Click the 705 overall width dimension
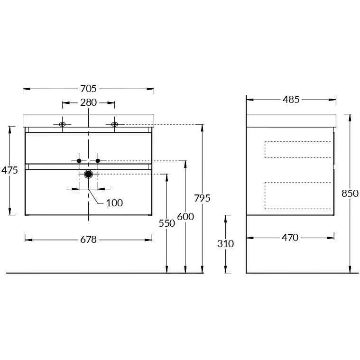tap(88, 89)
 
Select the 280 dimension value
tap(88, 102)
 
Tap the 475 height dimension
tap(9, 170)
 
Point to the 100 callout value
tap(114, 203)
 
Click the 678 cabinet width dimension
tap(88, 240)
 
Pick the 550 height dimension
tap(167, 223)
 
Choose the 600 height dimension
tap(185, 217)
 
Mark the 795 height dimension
tap(203, 198)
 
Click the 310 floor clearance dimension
tap(226, 244)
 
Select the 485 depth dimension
tap(291, 100)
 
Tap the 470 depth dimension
tap(290, 237)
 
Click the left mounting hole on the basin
tap(62, 124)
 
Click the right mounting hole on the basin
tap(114, 124)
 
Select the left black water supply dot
tap(79, 161)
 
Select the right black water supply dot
tap(98, 161)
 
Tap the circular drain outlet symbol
tap(88, 174)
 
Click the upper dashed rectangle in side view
tap(297, 149)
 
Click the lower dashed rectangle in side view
tap(297, 195)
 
